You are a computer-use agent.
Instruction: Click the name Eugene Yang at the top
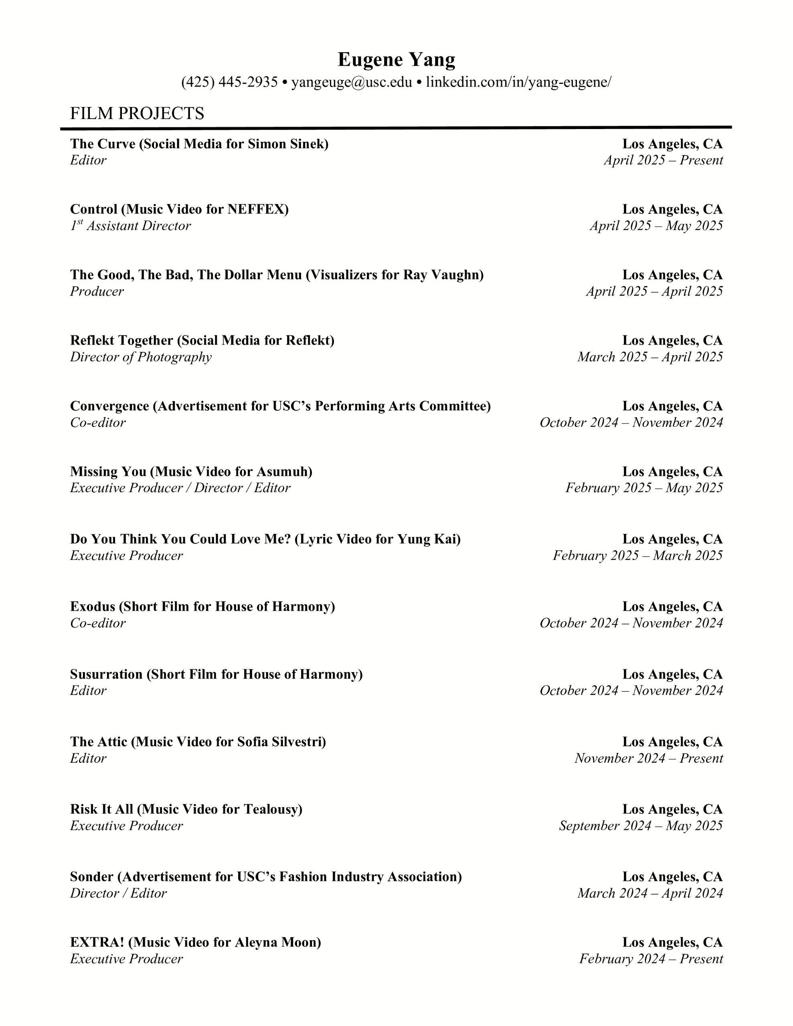point(396,60)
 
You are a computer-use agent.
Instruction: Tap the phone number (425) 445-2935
point(229,82)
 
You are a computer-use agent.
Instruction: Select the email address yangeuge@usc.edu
point(351,82)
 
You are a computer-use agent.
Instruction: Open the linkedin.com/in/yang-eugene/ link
point(518,82)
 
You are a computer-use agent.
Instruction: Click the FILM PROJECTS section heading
point(137,114)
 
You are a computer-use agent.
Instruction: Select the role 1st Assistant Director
point(131,226)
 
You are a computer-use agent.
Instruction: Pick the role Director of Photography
point(141,357)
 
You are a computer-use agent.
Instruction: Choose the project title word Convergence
point(109,406)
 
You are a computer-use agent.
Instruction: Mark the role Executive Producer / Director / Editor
point(180,488)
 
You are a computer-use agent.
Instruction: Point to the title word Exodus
point(93,606)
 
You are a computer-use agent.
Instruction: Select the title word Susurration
point(106,674)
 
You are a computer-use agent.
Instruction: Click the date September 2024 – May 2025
point(640,826)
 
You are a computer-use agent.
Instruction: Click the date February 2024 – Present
point(651,959)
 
